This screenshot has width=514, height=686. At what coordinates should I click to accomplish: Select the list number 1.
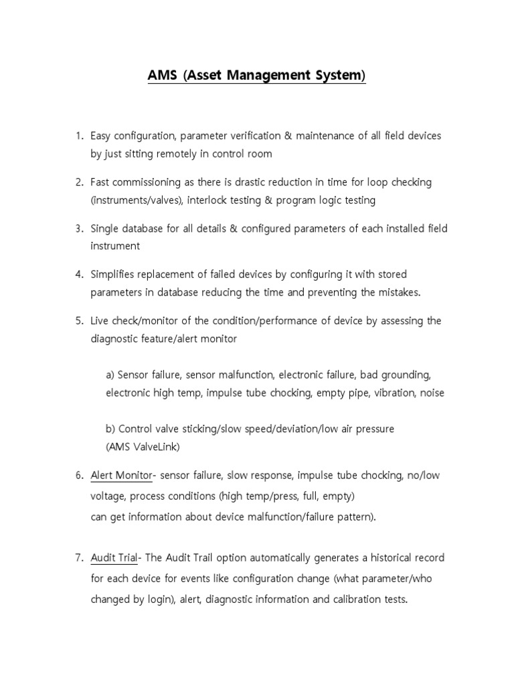coord(78,136)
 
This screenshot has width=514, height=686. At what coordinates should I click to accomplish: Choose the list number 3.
coord(78,228)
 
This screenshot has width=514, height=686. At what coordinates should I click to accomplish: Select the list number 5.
coord(78,321)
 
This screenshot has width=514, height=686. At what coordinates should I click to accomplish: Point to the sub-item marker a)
coord(110,374)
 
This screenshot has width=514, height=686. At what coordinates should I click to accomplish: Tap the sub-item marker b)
coord(110,428)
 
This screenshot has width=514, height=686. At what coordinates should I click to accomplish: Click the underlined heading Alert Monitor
coord(122,476)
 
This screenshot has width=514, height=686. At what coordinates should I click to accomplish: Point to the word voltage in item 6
coord(108,497)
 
